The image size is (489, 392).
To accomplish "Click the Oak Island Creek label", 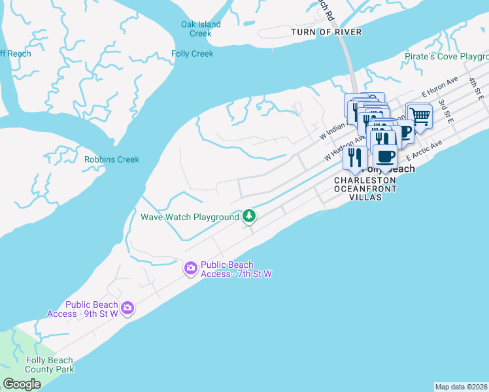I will (x=201, y=29).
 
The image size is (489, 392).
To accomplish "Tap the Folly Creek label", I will (x=192, y=54).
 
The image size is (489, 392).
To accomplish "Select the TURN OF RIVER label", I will (x=327, y=32).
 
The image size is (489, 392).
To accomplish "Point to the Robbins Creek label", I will (x=112, y=159).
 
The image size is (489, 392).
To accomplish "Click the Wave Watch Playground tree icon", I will (x=248, y=216).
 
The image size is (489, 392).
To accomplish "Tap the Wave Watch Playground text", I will (x=190, y=217).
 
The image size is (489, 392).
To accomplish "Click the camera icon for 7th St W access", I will (x=190, y=268).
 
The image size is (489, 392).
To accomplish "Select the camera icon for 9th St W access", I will (x=127, y=308).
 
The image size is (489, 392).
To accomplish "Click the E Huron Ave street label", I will (x=438, y=89).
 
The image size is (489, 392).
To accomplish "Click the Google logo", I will (x=22, y=384).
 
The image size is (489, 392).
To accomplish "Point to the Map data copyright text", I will (x=461, y=387).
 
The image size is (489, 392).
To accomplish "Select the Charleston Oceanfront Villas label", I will (x=365, y=189).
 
